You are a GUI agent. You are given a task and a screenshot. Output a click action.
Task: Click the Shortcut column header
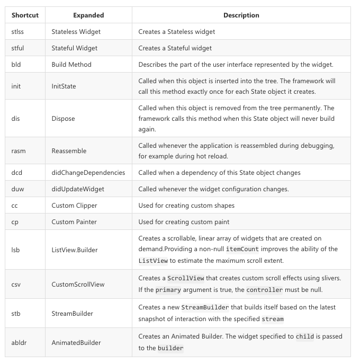point(25,15)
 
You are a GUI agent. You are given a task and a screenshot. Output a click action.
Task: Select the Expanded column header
point(88,15)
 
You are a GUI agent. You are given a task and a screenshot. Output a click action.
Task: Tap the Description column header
point(241,15)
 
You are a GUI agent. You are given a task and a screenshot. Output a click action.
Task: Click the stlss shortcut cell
point(17,32)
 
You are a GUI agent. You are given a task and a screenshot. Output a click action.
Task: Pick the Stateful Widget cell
point(75,48)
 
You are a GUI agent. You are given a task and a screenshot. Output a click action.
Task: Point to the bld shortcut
point(16,65)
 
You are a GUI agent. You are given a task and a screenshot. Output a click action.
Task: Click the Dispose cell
point(64,119)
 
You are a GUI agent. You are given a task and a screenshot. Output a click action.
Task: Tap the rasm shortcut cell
point(19,151)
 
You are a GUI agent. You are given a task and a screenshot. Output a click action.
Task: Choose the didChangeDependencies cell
point(88,173)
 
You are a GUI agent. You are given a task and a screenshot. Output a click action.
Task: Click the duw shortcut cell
point(17,189)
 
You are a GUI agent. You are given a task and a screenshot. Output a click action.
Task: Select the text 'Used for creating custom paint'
point(184,222)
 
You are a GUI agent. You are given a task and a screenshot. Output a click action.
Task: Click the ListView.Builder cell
point(75,250)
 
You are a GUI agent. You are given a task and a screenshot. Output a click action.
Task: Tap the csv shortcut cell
point(16,285)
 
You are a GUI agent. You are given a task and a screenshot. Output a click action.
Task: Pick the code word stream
point(273,319)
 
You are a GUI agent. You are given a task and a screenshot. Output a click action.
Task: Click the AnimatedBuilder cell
point(76,343)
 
